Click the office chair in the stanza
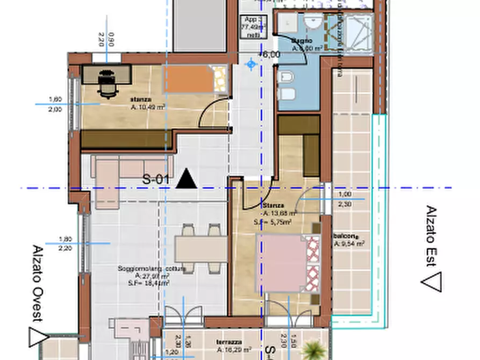point(108,84)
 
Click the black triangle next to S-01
point(187,178)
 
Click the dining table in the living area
point(200,249)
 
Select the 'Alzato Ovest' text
point(37,283)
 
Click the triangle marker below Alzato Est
point(432,281)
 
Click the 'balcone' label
point(345,235)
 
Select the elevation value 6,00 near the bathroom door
point(271,54)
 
